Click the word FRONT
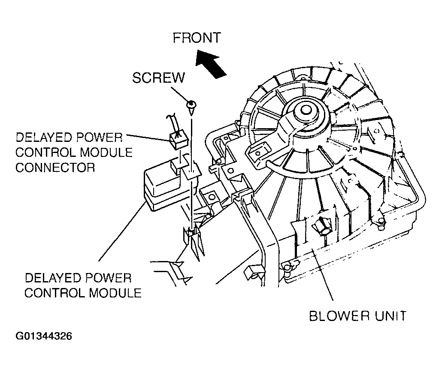coord(196,38)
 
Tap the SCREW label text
coord(158,78)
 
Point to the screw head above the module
coord(191,104)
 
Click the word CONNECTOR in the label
coord(55,167)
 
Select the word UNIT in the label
coord(389,316)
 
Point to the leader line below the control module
coord(122,232)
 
